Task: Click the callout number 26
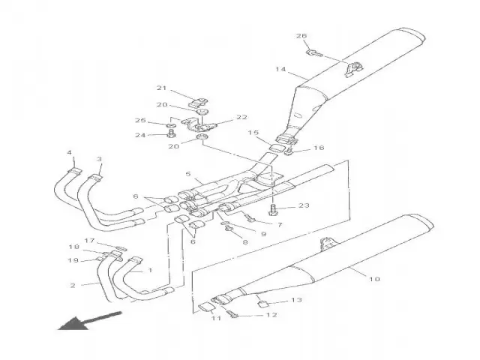[301, 36]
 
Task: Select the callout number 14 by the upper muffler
[280, 70]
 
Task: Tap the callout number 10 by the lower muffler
[375, 279]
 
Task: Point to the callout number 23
[304, 205]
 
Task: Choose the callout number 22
[241, 117]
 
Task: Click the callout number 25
[140, 120]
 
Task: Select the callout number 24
[140, 136]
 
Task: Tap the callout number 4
[70, 153]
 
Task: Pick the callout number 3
[99, 159]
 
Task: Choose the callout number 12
[271, 315]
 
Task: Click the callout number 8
[245, 241]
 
